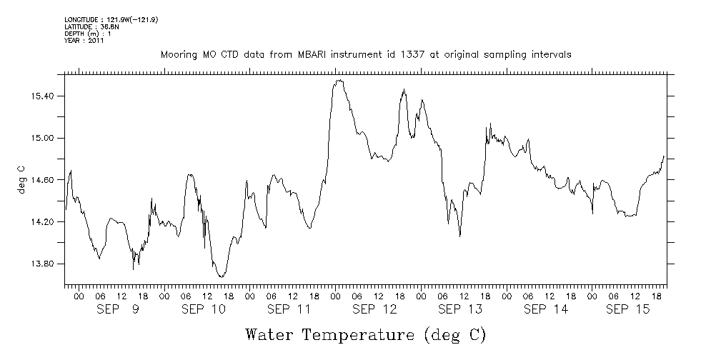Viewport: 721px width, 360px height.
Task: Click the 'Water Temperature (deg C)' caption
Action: coord(366,334)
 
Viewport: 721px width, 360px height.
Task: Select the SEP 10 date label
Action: coord(203,309)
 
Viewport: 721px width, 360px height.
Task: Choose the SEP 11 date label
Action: coord(289,309)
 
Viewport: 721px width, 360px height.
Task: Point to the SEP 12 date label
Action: coord(374,309)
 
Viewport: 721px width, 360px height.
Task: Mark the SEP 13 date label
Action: coord(460,309)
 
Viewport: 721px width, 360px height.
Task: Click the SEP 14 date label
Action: coord(546,309)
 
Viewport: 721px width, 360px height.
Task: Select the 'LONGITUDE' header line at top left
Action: coord(111,19)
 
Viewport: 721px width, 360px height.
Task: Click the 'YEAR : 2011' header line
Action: coord(84,41)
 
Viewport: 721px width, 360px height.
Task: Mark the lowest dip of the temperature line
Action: coord(221,276)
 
